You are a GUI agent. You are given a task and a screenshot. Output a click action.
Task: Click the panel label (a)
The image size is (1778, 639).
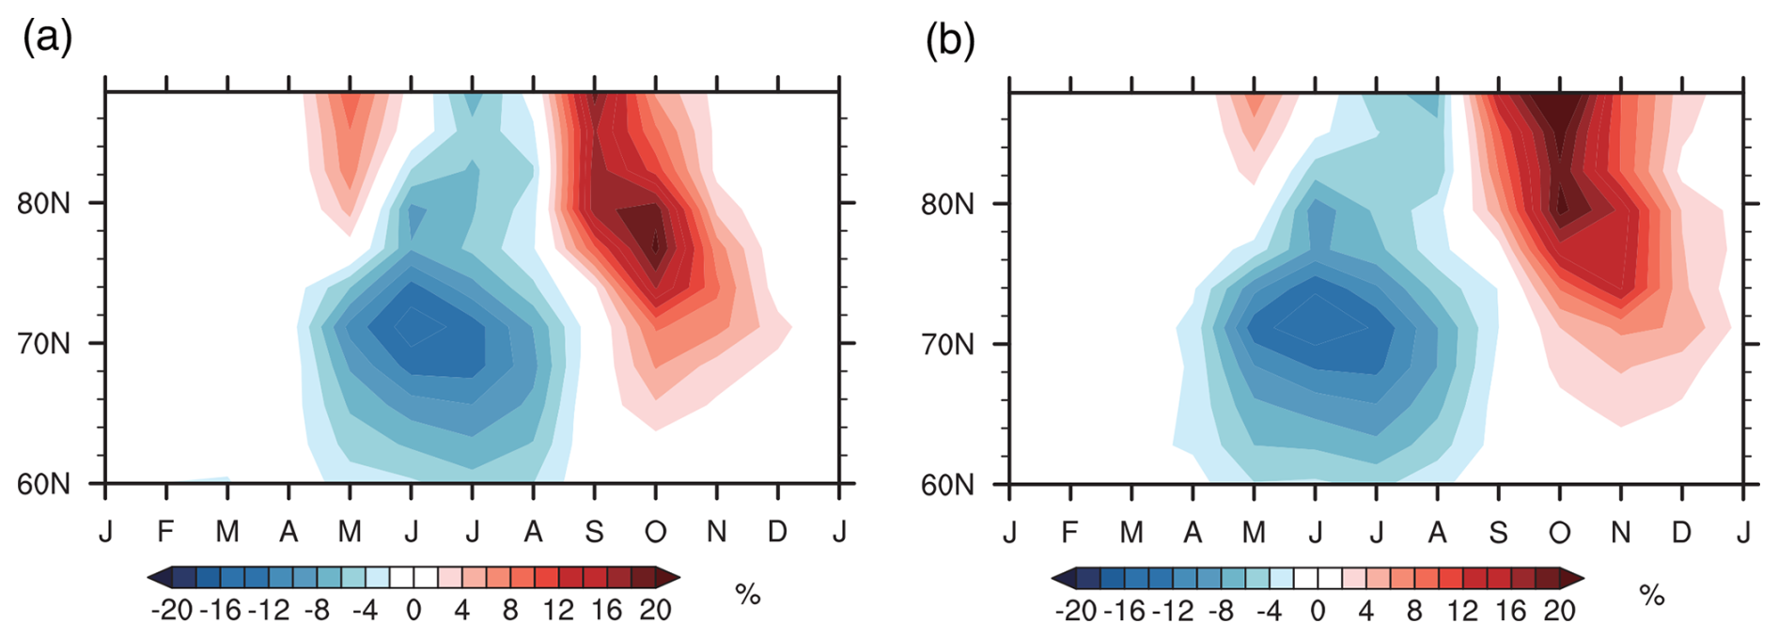pos(47,39)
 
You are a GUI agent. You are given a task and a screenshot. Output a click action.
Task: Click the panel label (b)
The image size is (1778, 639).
pos(950,39)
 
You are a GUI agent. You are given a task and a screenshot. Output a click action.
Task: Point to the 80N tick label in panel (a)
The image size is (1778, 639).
pos(43,204)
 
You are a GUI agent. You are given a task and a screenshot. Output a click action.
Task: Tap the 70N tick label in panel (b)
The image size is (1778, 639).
pos(947,345)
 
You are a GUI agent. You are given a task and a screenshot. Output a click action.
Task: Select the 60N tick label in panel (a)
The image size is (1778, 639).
pos(43,485)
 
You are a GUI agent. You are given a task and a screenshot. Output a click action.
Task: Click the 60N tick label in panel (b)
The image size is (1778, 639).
pos(947,486)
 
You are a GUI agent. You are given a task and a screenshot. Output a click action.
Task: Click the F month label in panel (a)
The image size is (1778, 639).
pos(166,532)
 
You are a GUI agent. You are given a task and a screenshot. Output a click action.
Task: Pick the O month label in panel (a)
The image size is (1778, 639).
pos(655,532)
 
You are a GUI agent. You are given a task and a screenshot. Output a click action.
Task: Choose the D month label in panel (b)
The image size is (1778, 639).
pos(1681,533)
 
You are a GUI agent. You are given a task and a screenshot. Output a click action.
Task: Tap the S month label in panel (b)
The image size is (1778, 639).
pos(1498,533)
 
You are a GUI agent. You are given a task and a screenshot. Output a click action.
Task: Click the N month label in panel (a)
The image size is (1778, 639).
pos(716,532)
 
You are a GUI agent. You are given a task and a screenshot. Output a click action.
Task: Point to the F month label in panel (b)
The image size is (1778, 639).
pos(1069,533)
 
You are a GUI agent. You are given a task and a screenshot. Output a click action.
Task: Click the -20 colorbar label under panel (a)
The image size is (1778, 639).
pos(171,611)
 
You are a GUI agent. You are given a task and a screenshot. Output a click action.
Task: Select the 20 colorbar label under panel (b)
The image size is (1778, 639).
pos(1559,612)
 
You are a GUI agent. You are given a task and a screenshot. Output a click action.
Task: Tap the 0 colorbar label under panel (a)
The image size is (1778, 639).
pos(413,611)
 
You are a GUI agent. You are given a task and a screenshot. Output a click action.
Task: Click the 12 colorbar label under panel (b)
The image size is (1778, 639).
pos(1462,612)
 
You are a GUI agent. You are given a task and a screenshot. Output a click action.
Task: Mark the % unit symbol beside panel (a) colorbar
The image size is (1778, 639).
pos(747,594)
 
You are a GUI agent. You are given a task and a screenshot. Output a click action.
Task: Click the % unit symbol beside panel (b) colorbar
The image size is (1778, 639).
pos(1651,595)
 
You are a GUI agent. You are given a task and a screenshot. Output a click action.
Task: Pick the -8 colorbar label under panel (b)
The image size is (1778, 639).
pos(1221,612)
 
